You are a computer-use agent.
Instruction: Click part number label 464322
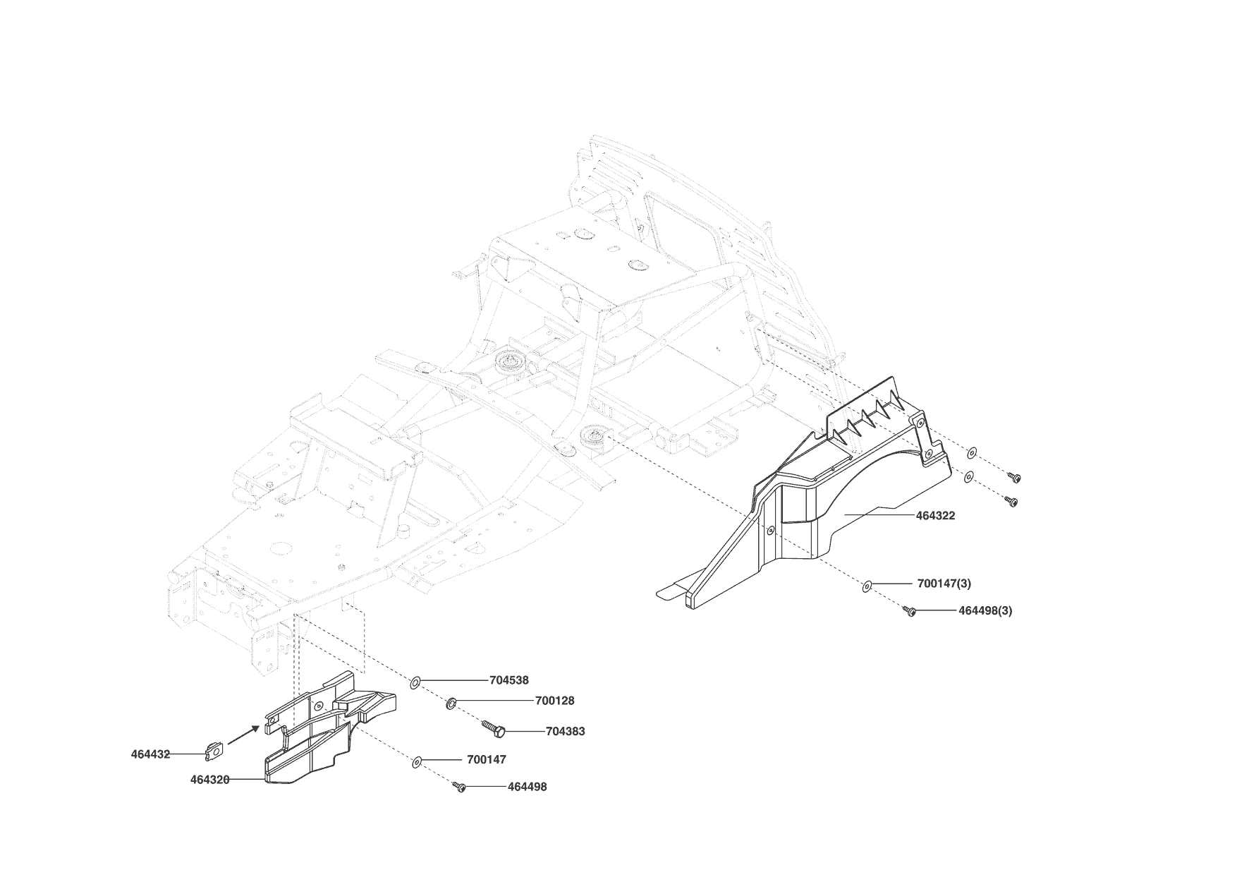935,515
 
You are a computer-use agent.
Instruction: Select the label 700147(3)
944,584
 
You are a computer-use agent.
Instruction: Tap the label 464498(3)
985,610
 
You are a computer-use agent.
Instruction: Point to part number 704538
509,680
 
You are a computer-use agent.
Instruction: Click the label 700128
554,701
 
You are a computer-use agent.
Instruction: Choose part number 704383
565,731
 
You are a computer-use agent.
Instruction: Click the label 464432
150,754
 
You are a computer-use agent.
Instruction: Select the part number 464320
209,780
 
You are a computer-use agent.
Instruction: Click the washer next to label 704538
415,682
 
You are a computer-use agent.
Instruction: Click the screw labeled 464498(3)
909,611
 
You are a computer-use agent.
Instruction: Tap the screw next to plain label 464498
460,786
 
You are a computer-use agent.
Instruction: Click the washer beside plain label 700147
416,761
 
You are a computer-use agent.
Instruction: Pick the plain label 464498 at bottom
527,786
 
